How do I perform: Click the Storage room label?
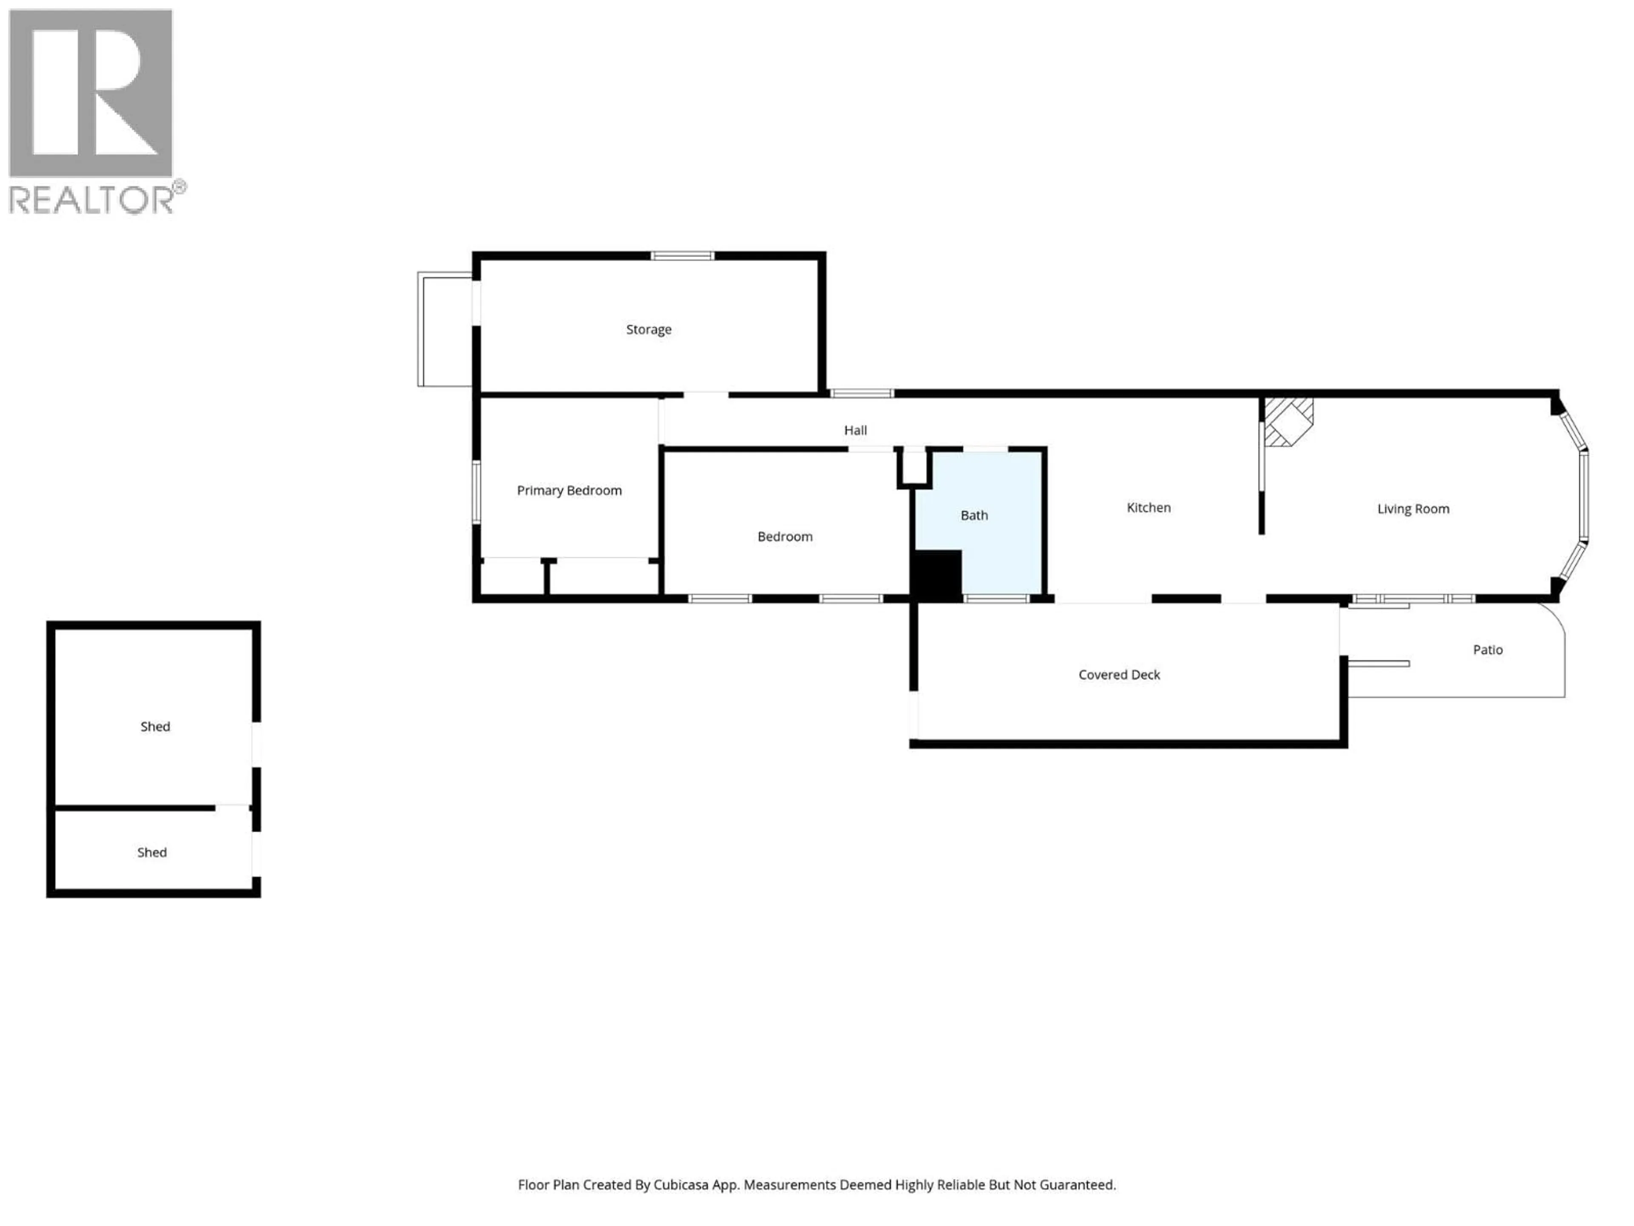(x=648, y=329)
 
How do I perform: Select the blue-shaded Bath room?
(x=990, y=502)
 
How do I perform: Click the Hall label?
(x=855, y=430)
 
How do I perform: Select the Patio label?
(x=1487, y=650)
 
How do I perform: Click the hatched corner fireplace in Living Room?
(x=1288, y=422)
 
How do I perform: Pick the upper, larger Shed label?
(x=155, y=726)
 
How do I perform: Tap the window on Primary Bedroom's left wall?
(x=477, y=491)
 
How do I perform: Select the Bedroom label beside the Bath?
(x=785, y=536)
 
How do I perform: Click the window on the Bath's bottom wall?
(x=996, y=598)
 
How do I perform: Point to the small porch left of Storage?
(x=445, y=329)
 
